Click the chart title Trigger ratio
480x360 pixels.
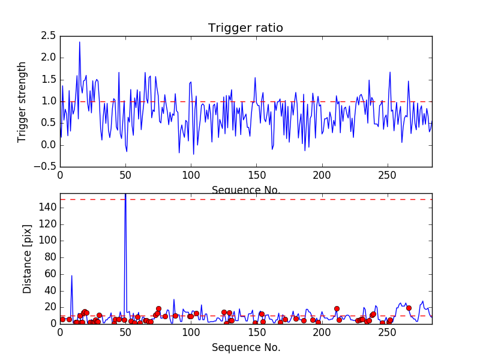coord(245,28)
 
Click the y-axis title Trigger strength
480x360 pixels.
coord(22,101)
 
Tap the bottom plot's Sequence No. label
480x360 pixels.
coord(245,347)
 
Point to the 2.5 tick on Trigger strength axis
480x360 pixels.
coord(49,36)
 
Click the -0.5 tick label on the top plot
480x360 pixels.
coord(47,167)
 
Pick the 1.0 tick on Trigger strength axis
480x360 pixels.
coord(49,101)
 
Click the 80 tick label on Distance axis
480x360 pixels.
coord(49,257)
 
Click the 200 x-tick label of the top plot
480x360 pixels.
coord(322,177)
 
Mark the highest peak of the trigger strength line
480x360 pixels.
coord(79,42)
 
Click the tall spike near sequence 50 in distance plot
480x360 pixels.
coord(125,198)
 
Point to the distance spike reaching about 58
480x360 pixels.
coord(71,276)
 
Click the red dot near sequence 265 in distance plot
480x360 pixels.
coord(409,308)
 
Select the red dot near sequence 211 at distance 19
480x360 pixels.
coord(337,308)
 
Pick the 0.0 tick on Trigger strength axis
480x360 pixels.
coord(49,145)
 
